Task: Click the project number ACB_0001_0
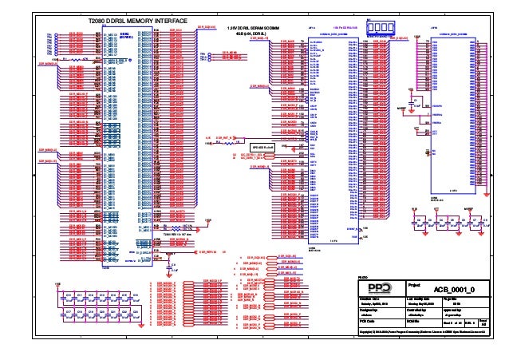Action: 453,289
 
